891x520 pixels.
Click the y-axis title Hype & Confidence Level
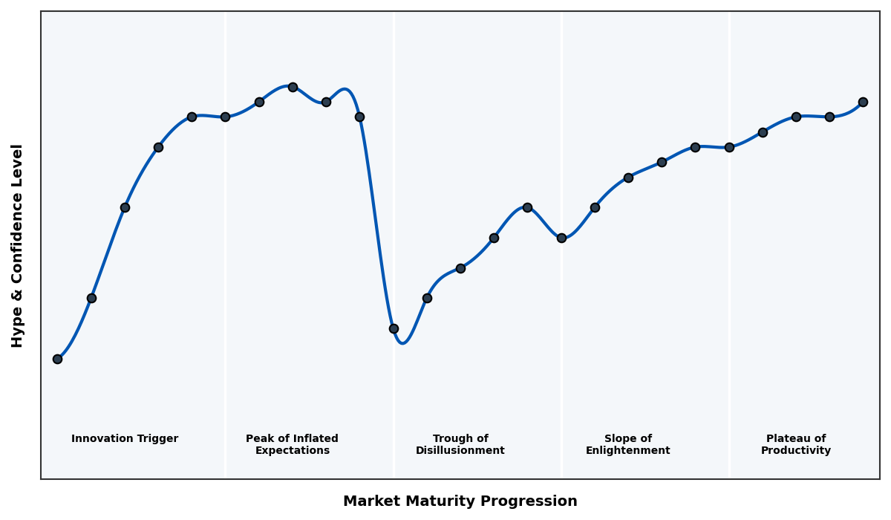coord(18,245)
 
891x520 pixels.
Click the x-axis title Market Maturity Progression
coord(460,501)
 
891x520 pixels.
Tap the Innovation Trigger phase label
coord(125,439)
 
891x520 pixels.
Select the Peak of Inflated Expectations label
coord(292,444)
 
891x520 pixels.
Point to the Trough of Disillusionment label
coord(460,444)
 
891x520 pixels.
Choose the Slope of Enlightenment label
coord(627,444)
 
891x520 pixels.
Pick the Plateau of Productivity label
coord(795,444)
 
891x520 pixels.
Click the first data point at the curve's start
coord(57,359)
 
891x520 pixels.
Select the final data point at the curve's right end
coord(863,102)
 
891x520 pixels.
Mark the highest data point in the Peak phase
coord(293,87)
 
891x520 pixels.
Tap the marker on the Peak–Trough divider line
coord(394,328)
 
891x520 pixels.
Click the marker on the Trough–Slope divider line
coord(561,238)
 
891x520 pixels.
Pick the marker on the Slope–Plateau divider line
coord(729,147)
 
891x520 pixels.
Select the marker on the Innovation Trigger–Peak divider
coord(225,117)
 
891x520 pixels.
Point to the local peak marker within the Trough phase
coord(527,207)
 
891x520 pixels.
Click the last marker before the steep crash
coord(359,117)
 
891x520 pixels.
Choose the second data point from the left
coord(91,298)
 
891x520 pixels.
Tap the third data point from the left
coord(125,207)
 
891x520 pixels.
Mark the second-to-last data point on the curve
coord(829,117)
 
